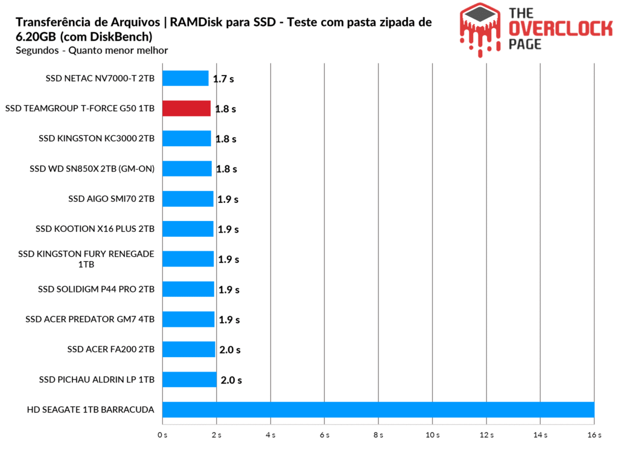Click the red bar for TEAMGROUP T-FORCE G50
pos(186,108)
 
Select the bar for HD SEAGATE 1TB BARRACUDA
pos(378,410)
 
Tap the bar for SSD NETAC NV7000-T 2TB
pos(185,78)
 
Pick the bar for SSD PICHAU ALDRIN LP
pos(190,379)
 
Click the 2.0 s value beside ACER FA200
pos(229,350)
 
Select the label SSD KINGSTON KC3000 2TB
pos(97,138)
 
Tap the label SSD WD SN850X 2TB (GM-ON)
pos(92,169)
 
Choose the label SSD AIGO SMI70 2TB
pos(112,199)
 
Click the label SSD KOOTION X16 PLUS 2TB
pos(95,229)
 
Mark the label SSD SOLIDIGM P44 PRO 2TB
pos(96,289)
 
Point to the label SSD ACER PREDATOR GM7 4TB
pos(90,320)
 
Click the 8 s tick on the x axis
pos(378,435)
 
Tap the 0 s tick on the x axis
pos(162,435)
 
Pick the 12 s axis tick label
pos(486,435)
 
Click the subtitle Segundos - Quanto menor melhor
pos(92,51)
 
